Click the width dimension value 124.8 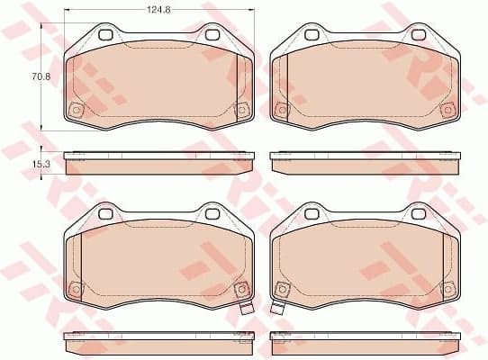160,12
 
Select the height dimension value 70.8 39,78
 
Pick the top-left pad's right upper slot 212,35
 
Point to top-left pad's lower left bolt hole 76,111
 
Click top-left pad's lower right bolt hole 239,110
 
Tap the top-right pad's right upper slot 419,35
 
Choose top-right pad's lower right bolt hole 446,110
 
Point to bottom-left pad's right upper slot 212,213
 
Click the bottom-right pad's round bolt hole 282,289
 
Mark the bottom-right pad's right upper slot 419,213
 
